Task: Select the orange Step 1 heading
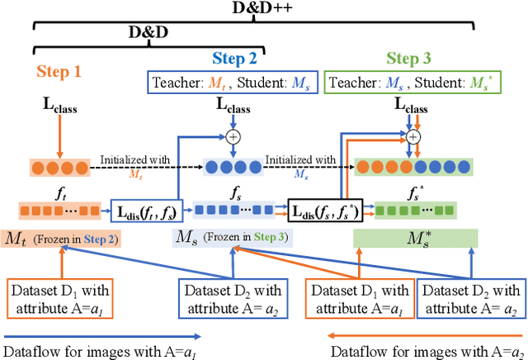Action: (x=59, y=72)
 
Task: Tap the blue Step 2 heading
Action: (x=234, y=58)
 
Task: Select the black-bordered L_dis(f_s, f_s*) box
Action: (x=324, y=211)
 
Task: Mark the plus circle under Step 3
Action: (x=413, y=136)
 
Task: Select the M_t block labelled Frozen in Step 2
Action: (x=62, y=239)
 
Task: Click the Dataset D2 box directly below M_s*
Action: (x=469, y=298)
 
